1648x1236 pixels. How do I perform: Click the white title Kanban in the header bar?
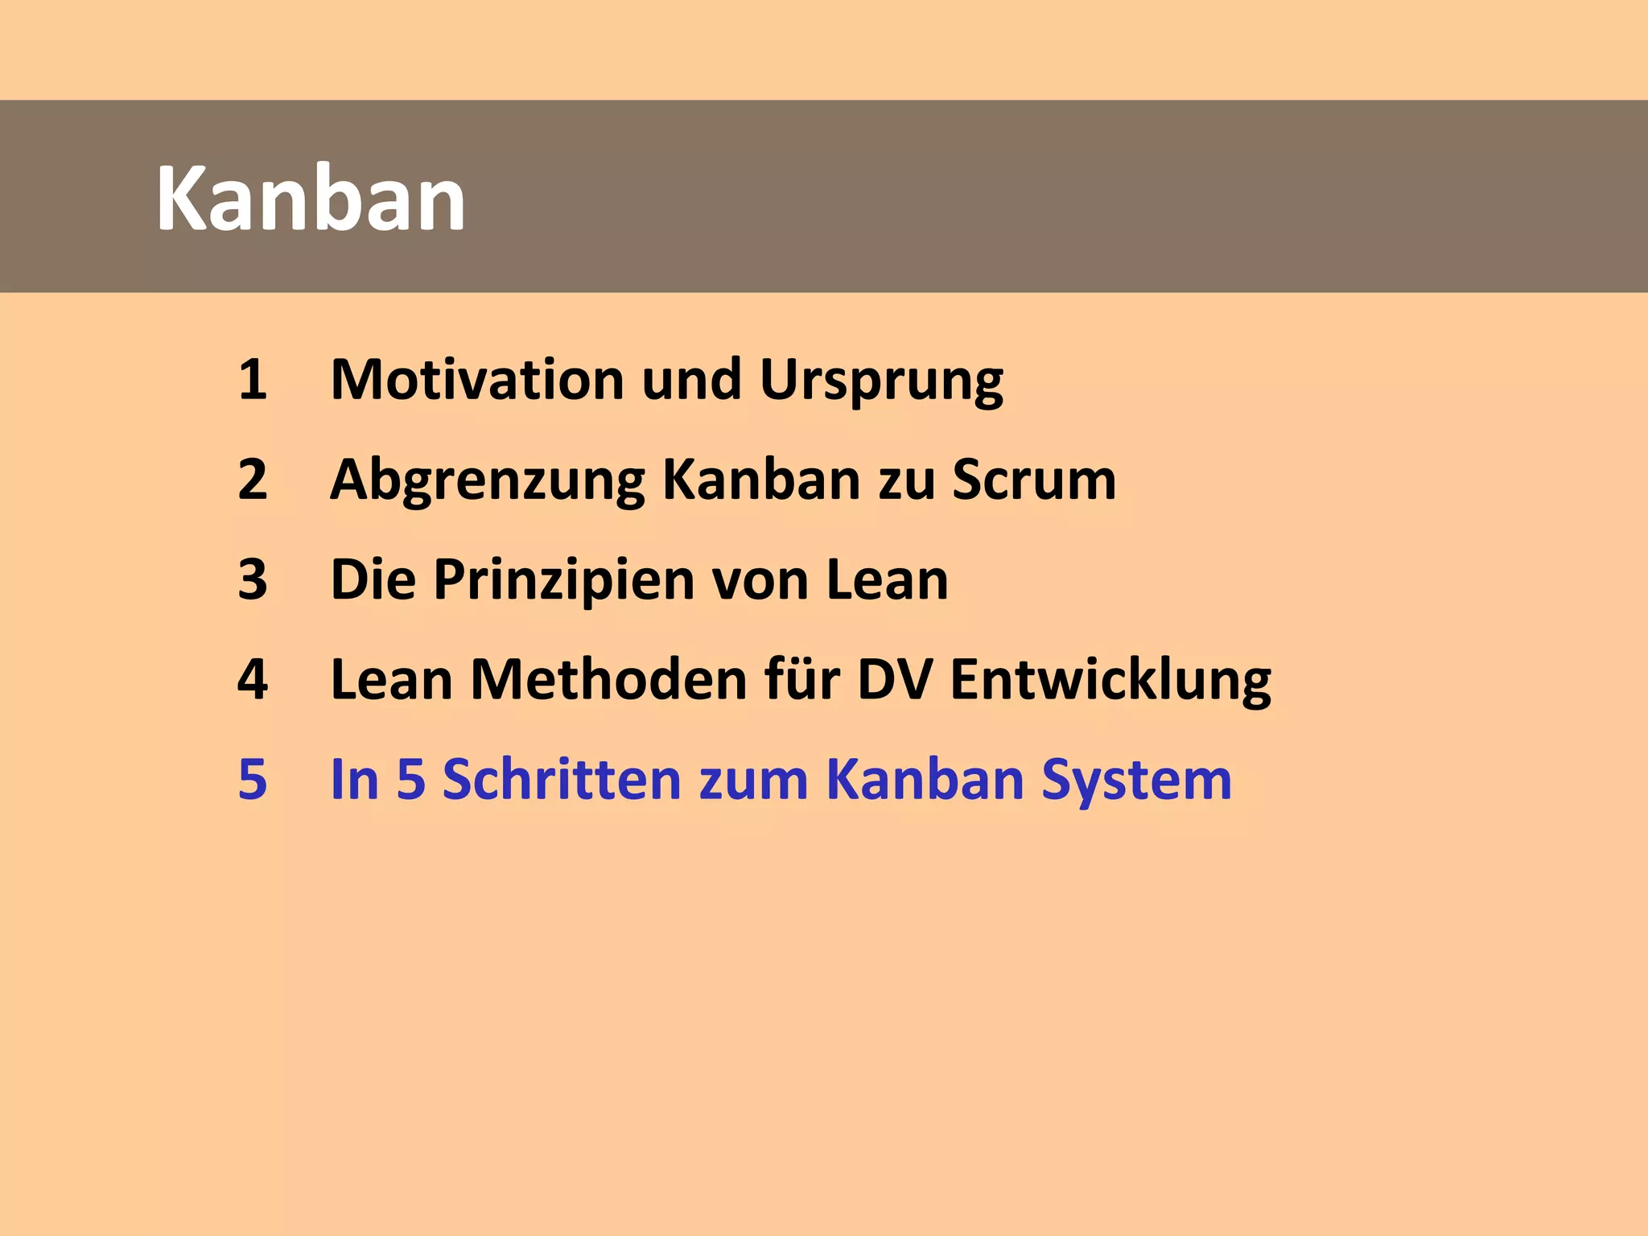(311, 199)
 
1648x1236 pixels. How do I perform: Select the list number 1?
(252, 379)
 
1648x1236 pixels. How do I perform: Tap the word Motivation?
(477, 379)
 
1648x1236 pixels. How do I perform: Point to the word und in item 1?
(691, 379)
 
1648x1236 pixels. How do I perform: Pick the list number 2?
(252, 480)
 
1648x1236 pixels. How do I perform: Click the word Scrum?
(1034, 480)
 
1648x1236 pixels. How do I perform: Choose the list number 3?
(252, 579)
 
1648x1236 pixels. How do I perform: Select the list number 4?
(252, 680)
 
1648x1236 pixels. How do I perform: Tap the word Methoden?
(608, 680)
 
